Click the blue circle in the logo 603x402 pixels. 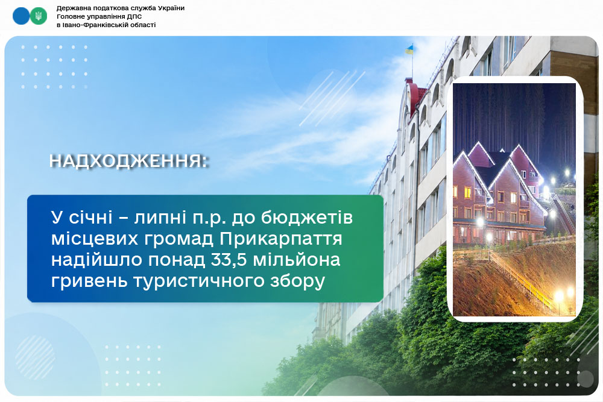[x=21, y=16]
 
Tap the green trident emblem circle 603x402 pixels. [x=39, y=16]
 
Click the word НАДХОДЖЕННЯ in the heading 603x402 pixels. [x=126, y=161]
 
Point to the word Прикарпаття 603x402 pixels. [x=281, y=239]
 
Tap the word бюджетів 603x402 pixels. [x=307, y=218]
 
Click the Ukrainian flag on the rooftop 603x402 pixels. [x=409, y=49]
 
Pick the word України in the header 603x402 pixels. [x=171, y=8]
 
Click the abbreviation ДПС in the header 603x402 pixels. [x=134, y=16]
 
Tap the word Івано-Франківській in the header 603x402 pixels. [x=92, y=25]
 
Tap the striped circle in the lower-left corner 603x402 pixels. [x=36, y=358]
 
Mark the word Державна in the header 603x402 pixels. [x=72, y=8]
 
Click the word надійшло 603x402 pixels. [x=97, y=260]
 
